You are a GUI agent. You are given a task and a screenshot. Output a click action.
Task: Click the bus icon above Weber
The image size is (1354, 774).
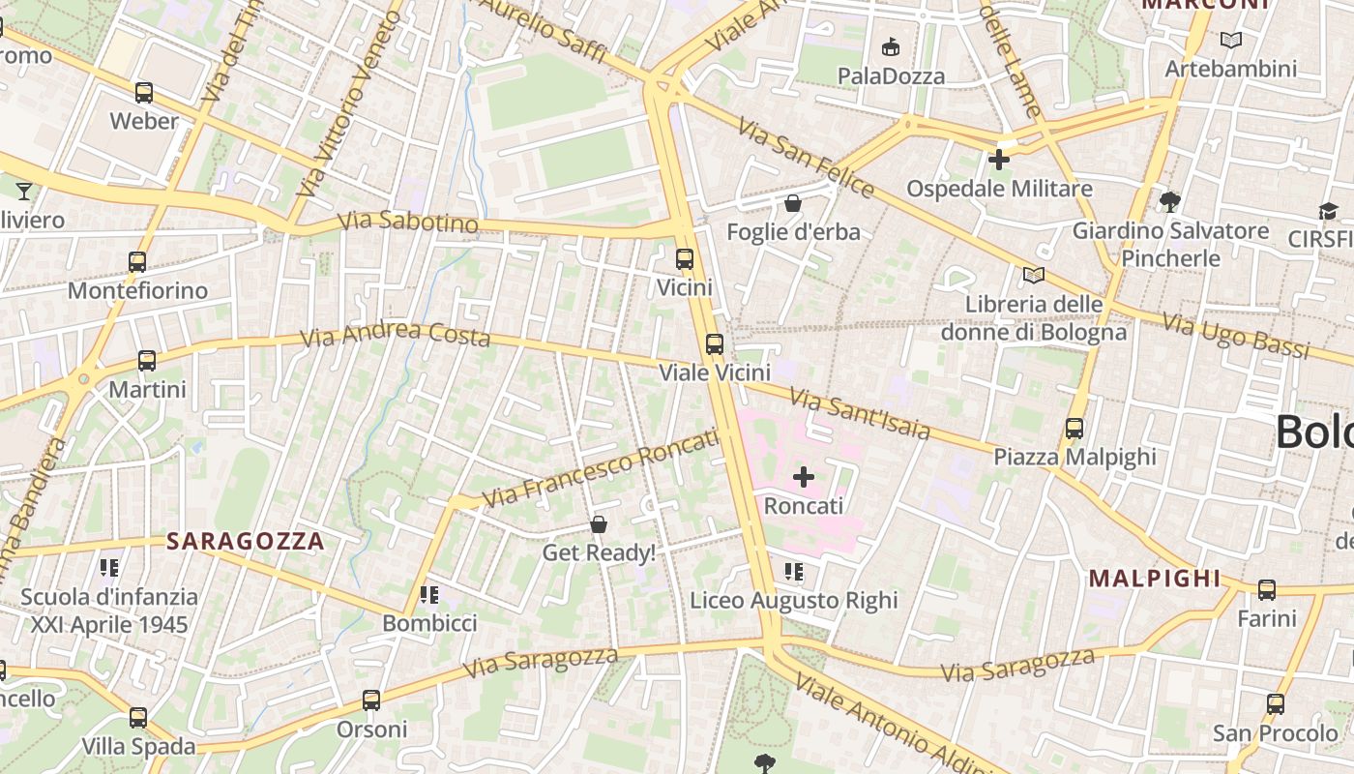coord(144,93)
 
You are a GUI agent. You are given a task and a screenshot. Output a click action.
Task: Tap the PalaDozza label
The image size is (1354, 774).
coord(891,75)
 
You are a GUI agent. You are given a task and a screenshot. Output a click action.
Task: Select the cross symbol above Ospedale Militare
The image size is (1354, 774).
coord(999,160)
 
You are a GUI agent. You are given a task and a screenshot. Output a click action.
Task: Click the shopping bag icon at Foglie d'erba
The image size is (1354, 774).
coord(792,203)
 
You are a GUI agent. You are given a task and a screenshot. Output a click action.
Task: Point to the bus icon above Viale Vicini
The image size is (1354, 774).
coord(715,343)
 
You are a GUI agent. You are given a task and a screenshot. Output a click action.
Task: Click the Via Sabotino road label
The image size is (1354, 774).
coord(408,223)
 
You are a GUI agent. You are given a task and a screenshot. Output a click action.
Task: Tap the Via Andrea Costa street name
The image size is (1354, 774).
coord(395,335)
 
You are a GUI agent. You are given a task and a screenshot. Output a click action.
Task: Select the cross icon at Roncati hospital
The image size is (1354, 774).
coord(804,477)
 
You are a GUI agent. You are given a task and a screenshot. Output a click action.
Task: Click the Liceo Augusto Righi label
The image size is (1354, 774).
coord(793,601)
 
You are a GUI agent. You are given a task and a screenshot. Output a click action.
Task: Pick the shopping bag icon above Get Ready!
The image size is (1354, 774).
coord(599,524)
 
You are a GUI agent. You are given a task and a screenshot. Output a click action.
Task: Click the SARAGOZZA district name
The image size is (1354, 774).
coord(245,541)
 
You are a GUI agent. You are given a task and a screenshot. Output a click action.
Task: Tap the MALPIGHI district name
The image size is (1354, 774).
coord(1155,579)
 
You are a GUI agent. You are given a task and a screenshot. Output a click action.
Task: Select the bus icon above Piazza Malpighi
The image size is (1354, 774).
coord(1074,428)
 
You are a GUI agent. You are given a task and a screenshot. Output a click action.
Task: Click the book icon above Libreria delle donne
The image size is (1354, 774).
coord(1034,276)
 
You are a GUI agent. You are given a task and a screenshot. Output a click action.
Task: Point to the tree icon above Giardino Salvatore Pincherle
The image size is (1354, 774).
coord(1170,201)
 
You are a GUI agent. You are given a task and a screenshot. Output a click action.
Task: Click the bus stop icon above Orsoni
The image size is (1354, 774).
coord(371,700)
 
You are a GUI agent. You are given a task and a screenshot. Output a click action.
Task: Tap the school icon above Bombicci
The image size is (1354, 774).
coord(429,594)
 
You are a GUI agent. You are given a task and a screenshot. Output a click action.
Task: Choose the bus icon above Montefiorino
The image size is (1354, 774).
coord(137,261)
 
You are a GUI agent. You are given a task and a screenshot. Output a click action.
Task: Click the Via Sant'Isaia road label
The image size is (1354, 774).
coord(859,413)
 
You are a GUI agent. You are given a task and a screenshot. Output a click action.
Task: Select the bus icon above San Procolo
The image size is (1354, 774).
coord(1276,704)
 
